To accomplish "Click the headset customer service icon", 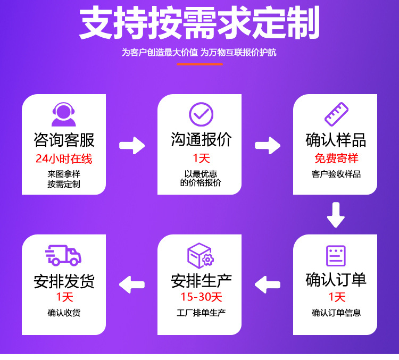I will coord(63,115).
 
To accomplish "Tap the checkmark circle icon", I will coord(201,114).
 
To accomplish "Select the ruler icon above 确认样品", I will coord(336,114).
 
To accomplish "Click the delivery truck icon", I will coord(63,255).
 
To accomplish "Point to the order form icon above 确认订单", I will coord(336,256).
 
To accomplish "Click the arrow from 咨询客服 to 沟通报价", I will coord(132,145).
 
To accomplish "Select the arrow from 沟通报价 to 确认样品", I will coord(268,145).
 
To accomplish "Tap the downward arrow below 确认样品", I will coord(336,215).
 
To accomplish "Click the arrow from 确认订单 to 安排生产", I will coord(268,284).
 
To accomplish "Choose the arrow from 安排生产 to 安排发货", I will coord(132,284).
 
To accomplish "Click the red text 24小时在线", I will coord(64,158).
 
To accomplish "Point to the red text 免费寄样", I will coord(336,158).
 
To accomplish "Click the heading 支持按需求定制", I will coord(199,24).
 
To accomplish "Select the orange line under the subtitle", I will coord(199,64).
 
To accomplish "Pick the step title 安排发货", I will coord(64,280).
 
